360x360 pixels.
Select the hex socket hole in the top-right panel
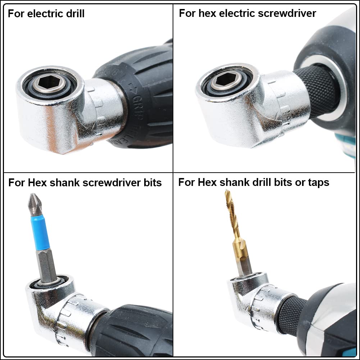[225, 78]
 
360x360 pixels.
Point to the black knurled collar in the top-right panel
[320, 90]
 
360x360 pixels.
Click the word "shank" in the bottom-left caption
[65, 182]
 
